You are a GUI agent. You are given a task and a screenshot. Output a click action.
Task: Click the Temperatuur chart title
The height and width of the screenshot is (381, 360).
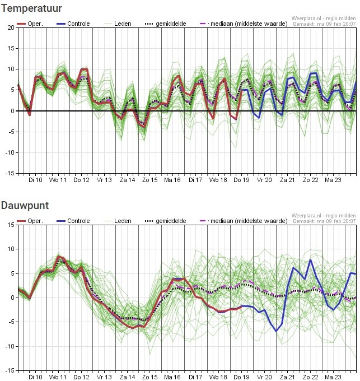tap(31, 8)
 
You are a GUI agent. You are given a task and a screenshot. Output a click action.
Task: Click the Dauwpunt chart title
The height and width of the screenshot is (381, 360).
tap(25, 206)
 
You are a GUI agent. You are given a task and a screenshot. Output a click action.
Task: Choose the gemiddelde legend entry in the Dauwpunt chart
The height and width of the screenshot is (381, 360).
tap(170, 221)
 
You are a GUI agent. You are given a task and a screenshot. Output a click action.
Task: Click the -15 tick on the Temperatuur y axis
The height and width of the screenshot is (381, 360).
tap(8, 173)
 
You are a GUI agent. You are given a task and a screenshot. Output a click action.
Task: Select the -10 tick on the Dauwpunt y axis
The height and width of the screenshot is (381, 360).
tap(8, 346)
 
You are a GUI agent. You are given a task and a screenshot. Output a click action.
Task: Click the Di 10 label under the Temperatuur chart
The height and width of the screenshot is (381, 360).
tap(35, 180)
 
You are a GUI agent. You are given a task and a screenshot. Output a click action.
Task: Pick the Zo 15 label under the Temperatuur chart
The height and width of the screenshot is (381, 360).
tap(150, 180)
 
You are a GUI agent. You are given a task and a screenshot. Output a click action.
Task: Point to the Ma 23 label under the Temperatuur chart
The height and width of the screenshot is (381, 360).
tap(333, 180)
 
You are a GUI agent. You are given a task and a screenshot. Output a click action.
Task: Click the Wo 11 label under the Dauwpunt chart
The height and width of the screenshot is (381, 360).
tap(58, 377)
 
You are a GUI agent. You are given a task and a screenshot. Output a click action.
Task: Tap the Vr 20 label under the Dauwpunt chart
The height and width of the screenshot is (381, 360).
tap(264, 377)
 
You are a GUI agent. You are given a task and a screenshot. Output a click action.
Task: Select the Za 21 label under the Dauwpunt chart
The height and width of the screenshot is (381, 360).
tap(287, 377)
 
